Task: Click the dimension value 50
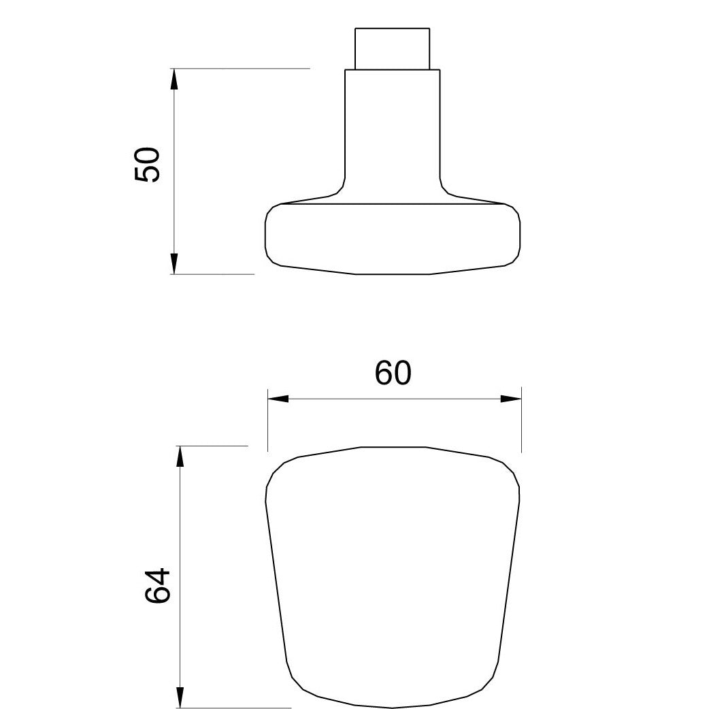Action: tap(147, 165)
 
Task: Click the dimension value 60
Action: tap(393, 373)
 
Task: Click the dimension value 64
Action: tap(157, 586)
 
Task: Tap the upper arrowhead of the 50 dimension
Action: tap(174, 79)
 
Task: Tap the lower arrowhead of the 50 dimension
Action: tap(174, 263)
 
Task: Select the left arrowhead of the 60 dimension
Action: tap(278, 399)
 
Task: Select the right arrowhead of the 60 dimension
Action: tap(511, 399)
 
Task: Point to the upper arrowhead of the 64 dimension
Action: tap(180, 457)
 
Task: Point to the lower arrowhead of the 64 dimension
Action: tap(180, 697)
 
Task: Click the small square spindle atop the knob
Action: tap(392, 49)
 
